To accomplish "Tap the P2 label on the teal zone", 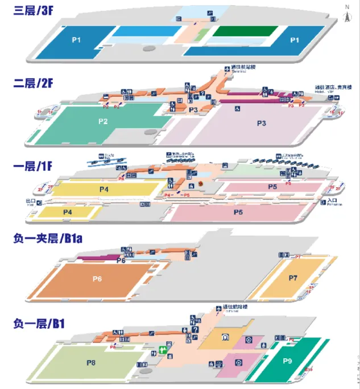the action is pos(103,121).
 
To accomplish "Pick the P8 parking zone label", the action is pos(91,362).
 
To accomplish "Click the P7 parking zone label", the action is pos(293,278).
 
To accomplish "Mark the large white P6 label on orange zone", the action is pos(97,279).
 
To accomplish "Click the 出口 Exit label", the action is pos(31,201).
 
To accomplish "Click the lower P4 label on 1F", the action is pos(68,212).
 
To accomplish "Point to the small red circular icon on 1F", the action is pos(201,183).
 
